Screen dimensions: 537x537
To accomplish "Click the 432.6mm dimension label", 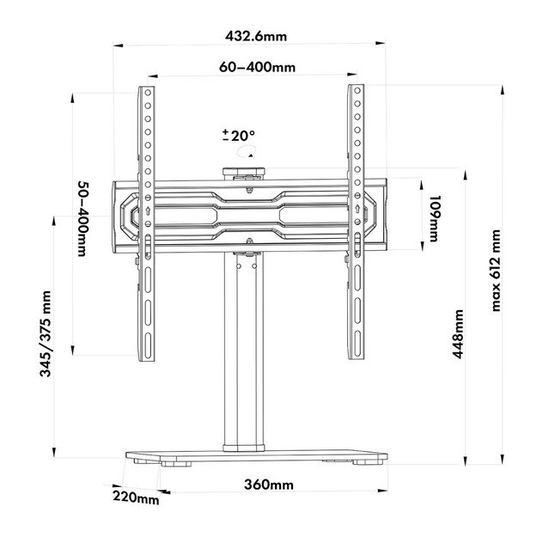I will [x=256, y=36].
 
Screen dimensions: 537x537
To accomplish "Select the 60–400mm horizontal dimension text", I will [x=256, y=67].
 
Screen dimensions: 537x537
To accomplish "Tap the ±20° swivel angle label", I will [x=239, y=136].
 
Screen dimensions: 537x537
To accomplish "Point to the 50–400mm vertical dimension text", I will [x=82, y=218].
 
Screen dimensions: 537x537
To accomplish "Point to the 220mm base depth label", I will [x=135, y=497].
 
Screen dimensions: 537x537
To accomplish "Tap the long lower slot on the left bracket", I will [x=147, y=322].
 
